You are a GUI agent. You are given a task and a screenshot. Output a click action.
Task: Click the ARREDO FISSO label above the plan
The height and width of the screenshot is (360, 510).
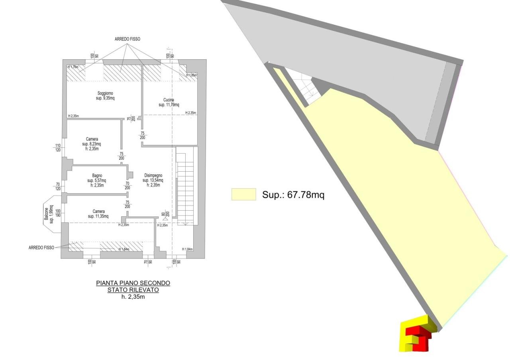pyautogui.click(x=127, y=39)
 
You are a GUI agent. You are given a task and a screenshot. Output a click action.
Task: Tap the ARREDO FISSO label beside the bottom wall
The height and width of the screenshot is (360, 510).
pyautogui.click(x=41, y=248)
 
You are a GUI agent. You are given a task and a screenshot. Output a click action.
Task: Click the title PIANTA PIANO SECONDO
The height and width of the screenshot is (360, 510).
pyautogui.click(x=133, y=283)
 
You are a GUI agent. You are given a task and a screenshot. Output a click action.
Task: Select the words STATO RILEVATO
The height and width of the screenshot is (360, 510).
pyautogui.click(x=133, y=290)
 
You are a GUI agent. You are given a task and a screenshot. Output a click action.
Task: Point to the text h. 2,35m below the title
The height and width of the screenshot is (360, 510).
pyautogui.click(x=133, y=297)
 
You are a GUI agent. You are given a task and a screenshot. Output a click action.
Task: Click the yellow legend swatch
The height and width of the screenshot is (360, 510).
pyautogui.click(x=243, y=194)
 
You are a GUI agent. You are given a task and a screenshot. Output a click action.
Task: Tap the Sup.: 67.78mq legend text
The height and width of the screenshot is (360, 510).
pyautogui.click(x=293, y=195)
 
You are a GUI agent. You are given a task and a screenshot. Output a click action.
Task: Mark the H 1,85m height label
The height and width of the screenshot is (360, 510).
pyautogui.click(x=191, y=75)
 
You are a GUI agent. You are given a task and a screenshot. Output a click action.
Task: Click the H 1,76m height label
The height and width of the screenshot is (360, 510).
pyautogui.click(x=73, y=67)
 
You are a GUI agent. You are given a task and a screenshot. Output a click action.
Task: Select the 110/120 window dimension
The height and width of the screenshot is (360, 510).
pyautogui.click(x=58, y=148)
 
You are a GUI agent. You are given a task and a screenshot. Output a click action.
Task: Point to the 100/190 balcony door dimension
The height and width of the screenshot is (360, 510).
pyautogui.click(x=58, y=213)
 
